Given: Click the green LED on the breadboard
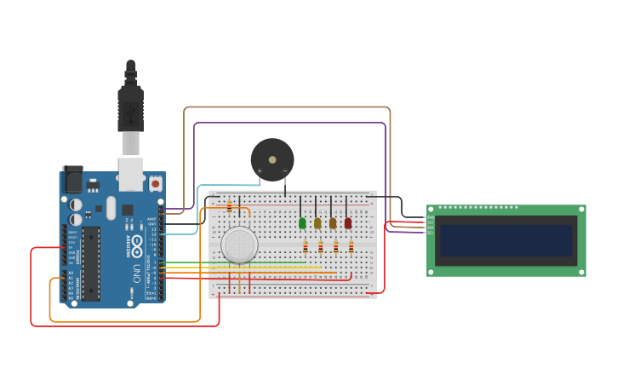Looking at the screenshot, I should point(302,223).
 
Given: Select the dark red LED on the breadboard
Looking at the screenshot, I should point(348,223).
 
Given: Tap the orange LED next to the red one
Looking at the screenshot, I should point(333,223).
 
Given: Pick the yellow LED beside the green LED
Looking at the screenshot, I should point(317,223).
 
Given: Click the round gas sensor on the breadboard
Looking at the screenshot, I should point(239,245).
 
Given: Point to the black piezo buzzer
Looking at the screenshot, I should point(272,160).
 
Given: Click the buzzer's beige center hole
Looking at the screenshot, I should point(272,159).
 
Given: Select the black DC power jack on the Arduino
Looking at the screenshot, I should point(72,179).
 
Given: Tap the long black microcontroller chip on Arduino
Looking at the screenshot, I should point(90,263).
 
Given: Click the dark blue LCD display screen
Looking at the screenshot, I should point(506,241).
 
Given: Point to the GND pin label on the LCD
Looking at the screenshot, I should point(431,217).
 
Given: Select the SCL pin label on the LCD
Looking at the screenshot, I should point(431,233).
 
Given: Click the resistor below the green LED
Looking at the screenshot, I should point(306,247).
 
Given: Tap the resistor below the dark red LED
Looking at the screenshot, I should point(351,247).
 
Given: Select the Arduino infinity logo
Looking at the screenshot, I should point(137,243).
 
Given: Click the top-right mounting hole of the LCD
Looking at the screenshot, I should point(581,210).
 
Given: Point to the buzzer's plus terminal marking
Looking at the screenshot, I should point(260,171).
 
